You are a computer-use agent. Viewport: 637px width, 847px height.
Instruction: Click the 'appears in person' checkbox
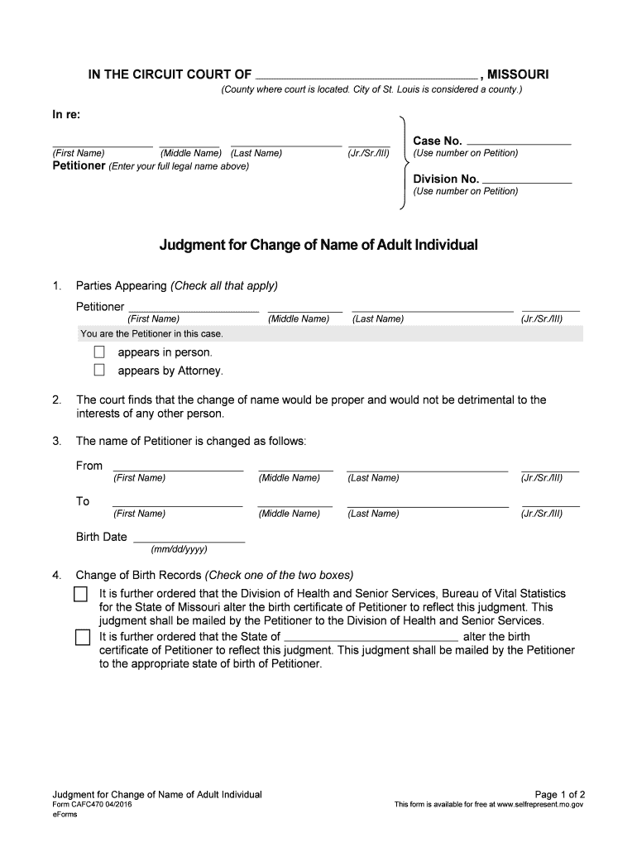pos(99,352)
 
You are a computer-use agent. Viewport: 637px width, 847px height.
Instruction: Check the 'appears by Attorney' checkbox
pos(99,371)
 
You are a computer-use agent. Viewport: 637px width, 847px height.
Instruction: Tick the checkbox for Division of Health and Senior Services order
pos(81,594)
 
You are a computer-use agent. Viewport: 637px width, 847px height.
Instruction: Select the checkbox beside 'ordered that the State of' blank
pos(81,637)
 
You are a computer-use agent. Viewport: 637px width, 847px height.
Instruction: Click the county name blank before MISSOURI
pos(367,73)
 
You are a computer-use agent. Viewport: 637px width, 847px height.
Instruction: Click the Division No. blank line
pos(527,178)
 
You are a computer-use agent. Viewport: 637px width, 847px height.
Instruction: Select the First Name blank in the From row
pos(178,467)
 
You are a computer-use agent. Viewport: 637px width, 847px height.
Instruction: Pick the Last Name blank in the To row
pos(428,502)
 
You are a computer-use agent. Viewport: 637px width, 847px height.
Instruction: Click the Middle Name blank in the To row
pos(295,502)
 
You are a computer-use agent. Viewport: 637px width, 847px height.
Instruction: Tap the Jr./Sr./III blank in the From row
pos(550,467)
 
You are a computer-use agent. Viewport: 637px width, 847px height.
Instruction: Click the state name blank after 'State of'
pos(371,637)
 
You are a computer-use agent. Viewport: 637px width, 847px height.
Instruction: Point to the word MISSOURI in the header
pos(518,75)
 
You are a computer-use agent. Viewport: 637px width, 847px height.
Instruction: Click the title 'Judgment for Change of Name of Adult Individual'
pos(318,245)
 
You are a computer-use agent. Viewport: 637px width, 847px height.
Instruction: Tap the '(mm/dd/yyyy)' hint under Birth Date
pos(179,549)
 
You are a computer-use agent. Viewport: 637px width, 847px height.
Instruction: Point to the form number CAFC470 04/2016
pos(92,804)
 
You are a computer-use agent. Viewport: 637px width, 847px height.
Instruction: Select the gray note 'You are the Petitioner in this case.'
pos(151,334)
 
